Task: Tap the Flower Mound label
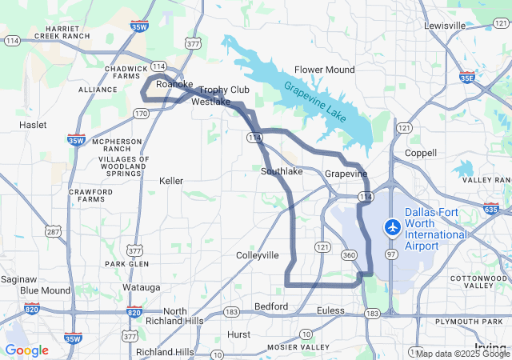[x=324, y=70]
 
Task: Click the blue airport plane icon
[x=392, y=227]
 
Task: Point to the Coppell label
[x=421, y=153]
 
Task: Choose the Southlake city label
[x=282, y=171]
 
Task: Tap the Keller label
[x=172, y=181]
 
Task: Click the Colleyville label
[x=258, y=255]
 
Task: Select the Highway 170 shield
[x=141, y=114]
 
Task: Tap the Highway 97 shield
[x=391, y=254]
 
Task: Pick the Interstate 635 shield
[x=490, y=210]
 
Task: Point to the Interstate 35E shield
[x=467, y=77]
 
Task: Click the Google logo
[x=26, y=350]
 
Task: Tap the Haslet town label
[x=33, y=125]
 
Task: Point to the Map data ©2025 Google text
[x=462, y=354]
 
